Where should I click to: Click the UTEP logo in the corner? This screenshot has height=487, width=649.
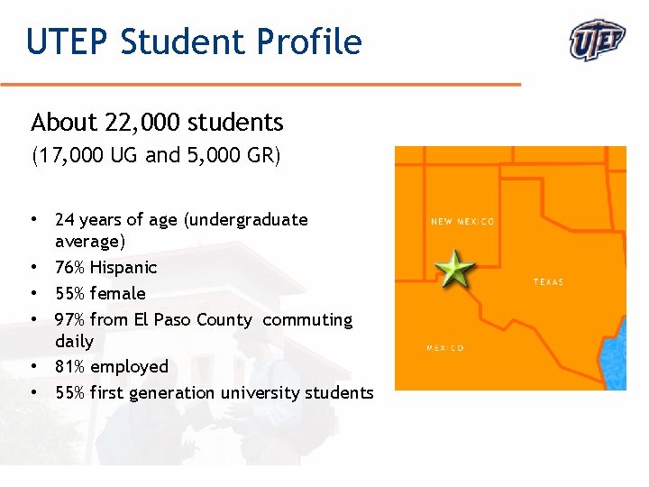[598, 41]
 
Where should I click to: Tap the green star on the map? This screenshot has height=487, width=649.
[453, 269]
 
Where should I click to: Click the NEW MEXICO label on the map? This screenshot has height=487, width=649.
[462, 221]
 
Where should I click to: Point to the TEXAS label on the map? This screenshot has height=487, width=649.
[548, 282]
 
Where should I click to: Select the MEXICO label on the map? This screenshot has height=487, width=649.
[445, 348]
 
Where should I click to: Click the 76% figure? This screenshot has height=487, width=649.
[69, 268]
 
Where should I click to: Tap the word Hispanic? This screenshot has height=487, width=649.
[123, 268]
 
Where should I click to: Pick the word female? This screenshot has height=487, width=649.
[117, 294]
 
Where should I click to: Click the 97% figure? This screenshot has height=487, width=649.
[69, 320]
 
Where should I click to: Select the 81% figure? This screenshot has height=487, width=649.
[69, 367]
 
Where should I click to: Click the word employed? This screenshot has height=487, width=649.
[129, 367]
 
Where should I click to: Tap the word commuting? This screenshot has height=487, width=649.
[307, 320]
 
